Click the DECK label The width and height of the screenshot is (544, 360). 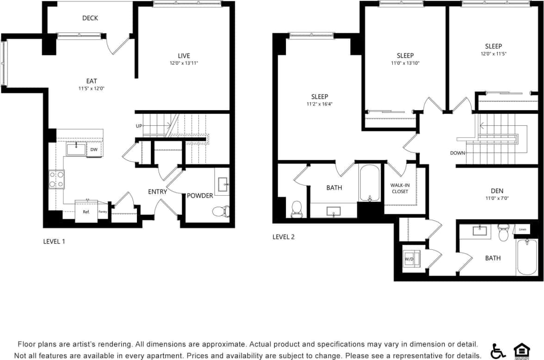pos(90,18)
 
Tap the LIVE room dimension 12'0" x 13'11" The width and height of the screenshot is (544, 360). pos(184,63)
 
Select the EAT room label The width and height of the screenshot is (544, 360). pos(91,81)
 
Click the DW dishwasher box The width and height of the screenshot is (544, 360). pos(94,149)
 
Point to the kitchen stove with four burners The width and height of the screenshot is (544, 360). pos(56,179)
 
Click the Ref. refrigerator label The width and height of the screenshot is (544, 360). pos(86,212)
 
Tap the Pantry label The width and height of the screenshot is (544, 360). pos(103,212)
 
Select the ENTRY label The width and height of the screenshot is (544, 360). pos(157,192)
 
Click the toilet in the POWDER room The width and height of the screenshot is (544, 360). pos(221,212)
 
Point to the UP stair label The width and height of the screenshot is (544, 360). pos(139,126)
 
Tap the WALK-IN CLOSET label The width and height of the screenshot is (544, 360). pos(400,188)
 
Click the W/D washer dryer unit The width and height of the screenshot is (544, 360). pos(410,259)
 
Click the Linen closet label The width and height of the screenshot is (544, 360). pos(522,230)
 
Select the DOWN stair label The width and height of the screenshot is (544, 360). pos(457,153)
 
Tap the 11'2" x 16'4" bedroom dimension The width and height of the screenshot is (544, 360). pos(319,104)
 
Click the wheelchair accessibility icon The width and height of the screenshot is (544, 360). pos(498,351)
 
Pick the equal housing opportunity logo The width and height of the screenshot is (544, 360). pos(521,351)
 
